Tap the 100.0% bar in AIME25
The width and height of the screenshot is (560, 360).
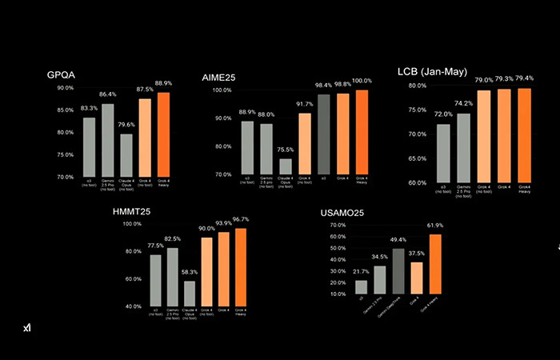362,132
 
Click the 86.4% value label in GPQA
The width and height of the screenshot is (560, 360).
107,94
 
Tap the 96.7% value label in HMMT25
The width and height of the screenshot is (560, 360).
240,219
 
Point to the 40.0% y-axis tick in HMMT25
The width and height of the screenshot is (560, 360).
131,306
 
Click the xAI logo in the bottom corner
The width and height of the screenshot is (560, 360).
26,328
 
